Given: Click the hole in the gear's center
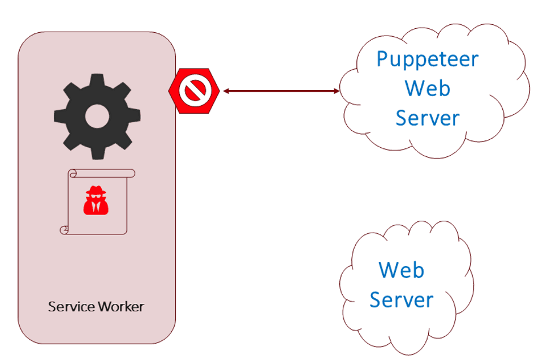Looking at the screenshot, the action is (x=97, y=117).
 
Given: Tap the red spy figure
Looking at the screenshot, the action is (x=96, y=200).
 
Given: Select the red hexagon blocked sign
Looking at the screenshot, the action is (x=194, y=91).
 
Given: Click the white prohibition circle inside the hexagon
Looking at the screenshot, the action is (x=195, y=91).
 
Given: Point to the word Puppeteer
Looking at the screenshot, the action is (x=428, y=59).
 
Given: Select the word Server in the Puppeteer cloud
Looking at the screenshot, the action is (x=428, y=118).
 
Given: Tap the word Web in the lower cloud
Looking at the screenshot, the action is (x=401, y=270).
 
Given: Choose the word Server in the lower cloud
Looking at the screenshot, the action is (x=401, y=299).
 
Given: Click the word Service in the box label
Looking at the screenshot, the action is (x=71, y=307).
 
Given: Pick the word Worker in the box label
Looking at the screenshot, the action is (x=121, y=307).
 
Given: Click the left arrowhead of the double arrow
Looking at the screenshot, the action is (x=226, y=91).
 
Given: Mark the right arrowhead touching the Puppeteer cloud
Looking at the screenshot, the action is (x=337, y=91).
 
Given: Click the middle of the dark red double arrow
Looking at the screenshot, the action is (x=281, y=91).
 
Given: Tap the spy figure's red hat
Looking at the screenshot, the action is (x=96, y=190).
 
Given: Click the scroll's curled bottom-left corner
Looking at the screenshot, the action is (x=64, y=230).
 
